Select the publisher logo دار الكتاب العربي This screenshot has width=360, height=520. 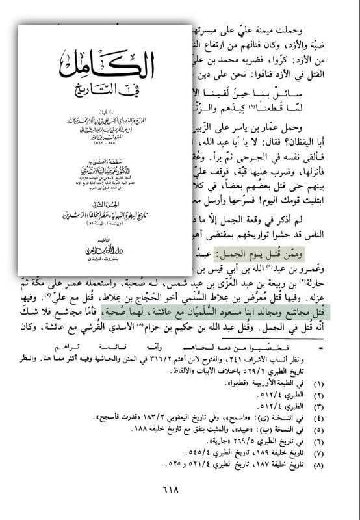point(103,246)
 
